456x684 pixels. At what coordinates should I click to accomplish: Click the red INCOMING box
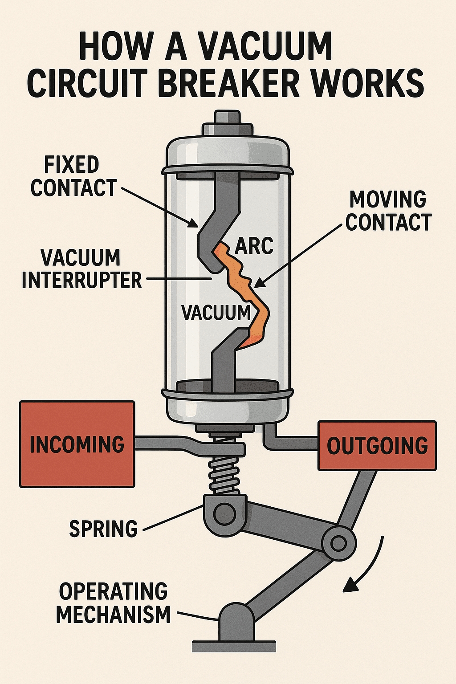click(77, 444)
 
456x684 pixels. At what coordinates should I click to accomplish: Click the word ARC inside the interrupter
click(254, 245)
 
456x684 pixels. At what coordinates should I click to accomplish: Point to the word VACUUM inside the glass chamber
click(216, 312)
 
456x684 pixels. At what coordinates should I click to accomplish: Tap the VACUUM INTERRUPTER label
click(81, 269)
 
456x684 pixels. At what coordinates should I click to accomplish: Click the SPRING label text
click(103, 529)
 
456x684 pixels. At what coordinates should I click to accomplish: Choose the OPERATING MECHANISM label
click(114, 603)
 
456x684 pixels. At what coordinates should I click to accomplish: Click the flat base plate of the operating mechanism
click(234, 646)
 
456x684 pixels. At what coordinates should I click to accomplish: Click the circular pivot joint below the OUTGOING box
click(339, 543)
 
